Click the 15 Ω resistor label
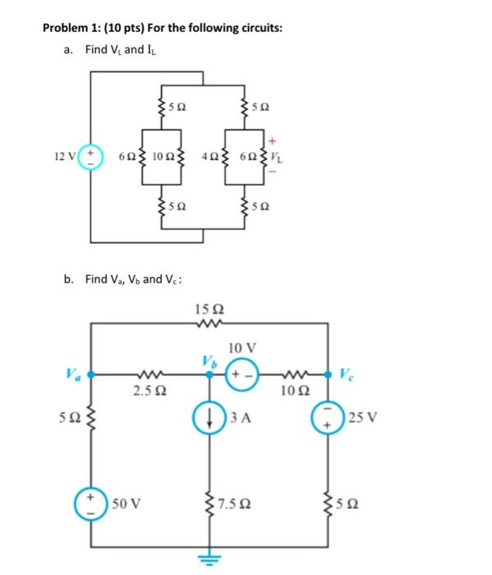pos(210,310)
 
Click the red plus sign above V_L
pos(278,140)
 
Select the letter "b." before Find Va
pos(69,279)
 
